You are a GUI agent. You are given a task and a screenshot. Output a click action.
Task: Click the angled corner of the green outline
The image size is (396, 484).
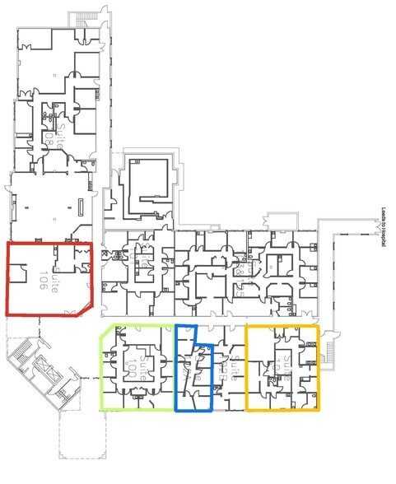pyautogui.click(x=104, y=331)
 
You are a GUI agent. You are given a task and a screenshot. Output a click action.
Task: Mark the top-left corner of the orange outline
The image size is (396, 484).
pyautogui.click(x=248, y=327)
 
